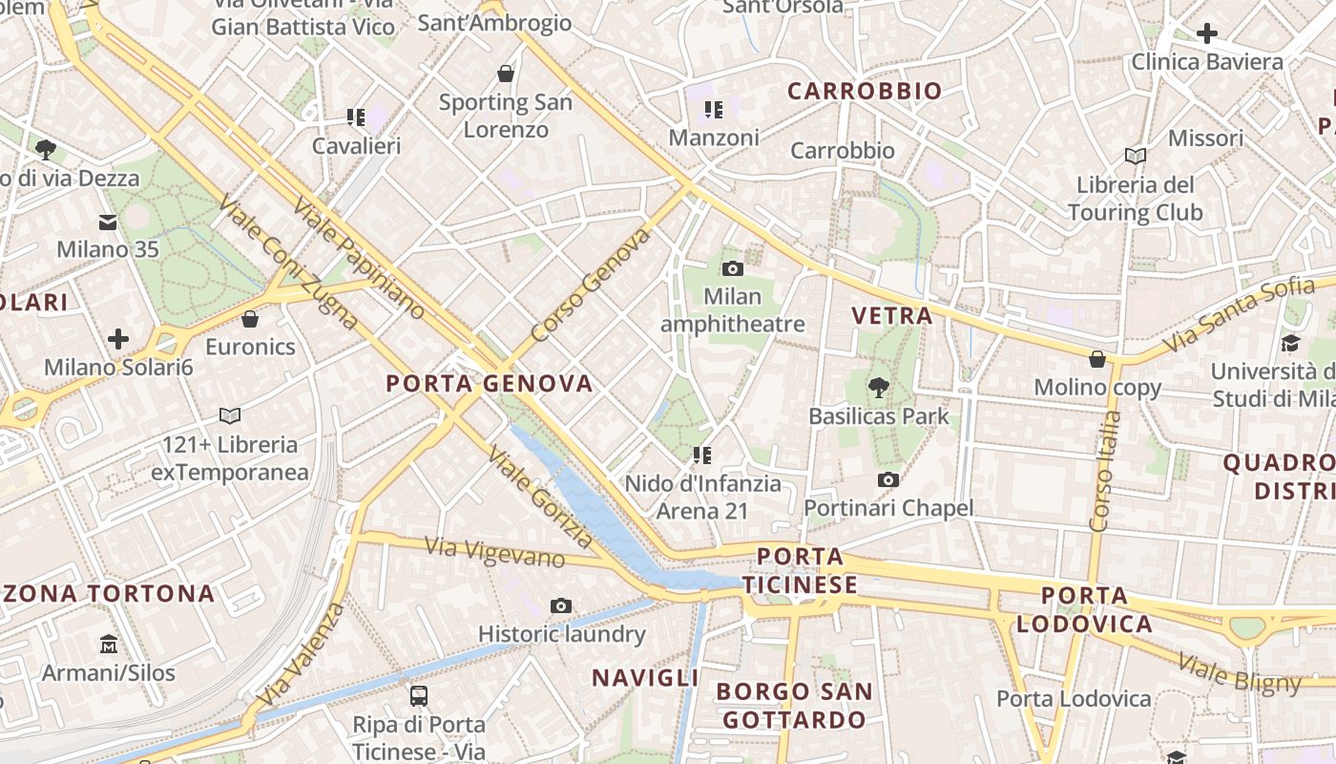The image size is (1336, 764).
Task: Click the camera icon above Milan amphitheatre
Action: pos(733,268)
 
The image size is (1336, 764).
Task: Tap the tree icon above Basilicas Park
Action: pos(878,388)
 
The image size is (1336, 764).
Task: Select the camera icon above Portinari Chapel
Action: pos(888,479)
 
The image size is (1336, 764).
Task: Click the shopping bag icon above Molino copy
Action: pos(1097,359)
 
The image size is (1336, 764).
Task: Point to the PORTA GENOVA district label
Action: pos(489,384)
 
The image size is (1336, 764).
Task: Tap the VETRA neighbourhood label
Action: pos(891,315)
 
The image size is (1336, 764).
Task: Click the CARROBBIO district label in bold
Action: pos(865,92)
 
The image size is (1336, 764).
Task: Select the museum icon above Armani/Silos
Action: pos(108,645)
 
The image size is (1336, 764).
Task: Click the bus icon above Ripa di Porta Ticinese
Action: pos(418,695)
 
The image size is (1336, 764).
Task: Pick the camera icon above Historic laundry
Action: pos(561,605)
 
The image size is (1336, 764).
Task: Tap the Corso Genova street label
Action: pos(590,285)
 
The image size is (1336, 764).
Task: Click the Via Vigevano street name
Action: pos(494,552)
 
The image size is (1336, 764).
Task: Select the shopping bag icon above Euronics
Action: pos(250,318)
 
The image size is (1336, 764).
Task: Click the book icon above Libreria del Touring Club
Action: pos(1135,156)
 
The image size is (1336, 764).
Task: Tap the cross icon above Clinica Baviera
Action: pos(1207,33)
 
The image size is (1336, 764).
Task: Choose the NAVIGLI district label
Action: pos(645,678)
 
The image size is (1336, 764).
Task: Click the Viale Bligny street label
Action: pos(1239,672)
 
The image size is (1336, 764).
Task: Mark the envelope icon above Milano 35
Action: pos(107,223)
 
